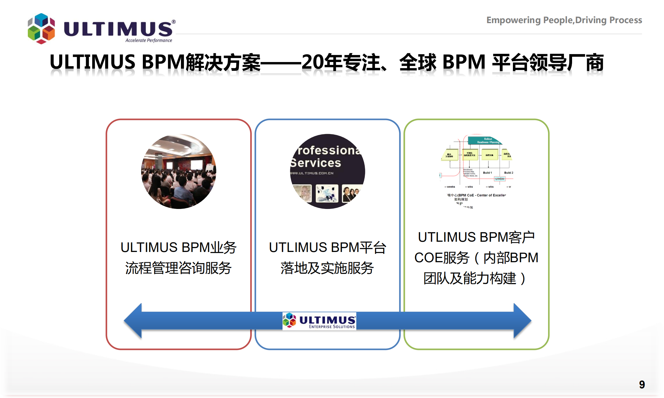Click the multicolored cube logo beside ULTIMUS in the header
41,28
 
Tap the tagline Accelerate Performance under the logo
149,40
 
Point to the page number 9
642,385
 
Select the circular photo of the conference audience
179,171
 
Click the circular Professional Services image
327,171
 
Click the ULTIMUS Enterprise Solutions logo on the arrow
319,321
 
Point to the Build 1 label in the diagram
487,173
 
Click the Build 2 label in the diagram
509,173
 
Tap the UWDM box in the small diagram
500,179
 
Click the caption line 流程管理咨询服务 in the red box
179,268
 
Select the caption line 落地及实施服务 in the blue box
327,268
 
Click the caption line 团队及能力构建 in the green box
470,278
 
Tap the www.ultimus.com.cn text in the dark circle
312,173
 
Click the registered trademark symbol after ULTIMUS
174,22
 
